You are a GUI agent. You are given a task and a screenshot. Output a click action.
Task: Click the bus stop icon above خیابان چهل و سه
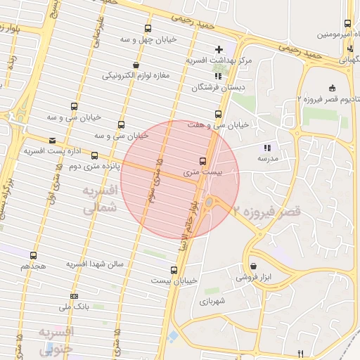147,29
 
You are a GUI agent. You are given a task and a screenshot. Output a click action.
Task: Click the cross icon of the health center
219,49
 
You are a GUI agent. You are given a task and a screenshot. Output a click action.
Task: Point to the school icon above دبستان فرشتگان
217,75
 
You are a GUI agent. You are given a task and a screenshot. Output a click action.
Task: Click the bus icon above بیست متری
203,161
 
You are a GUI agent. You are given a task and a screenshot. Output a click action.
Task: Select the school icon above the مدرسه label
266,148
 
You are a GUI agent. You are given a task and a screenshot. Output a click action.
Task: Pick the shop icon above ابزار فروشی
252,266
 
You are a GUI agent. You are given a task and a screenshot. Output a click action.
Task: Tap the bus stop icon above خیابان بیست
174,269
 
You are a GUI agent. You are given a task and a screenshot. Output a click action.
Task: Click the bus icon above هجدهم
33,255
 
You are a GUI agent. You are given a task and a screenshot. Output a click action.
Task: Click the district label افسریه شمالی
98,200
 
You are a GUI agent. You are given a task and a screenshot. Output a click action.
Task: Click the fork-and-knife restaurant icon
301,353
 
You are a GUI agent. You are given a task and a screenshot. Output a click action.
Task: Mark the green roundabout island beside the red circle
210,204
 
